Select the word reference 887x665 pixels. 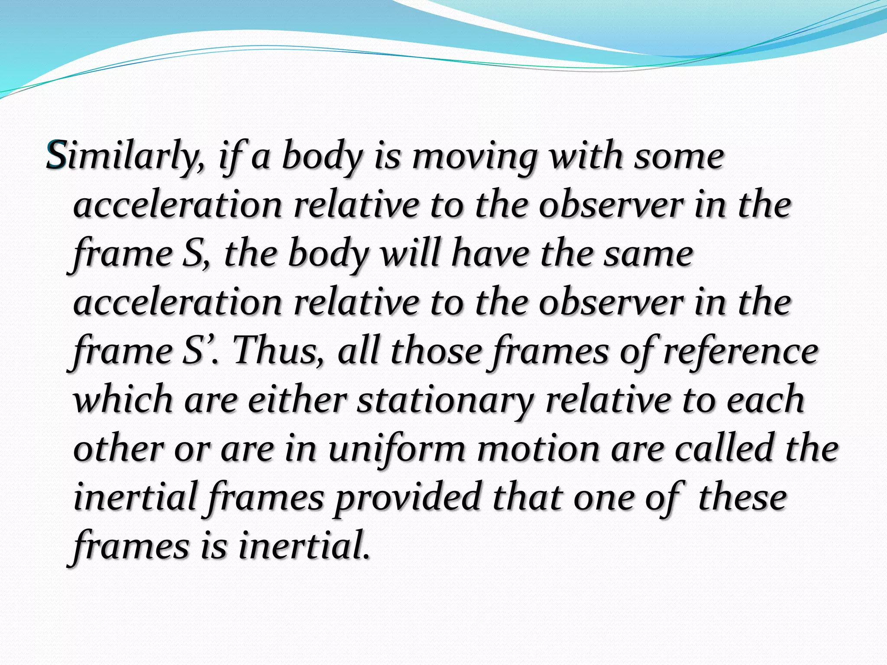coord(741,351)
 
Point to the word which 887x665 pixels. coord(123,399)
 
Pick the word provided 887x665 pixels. coord(408,497)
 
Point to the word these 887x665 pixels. coord(742,497)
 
